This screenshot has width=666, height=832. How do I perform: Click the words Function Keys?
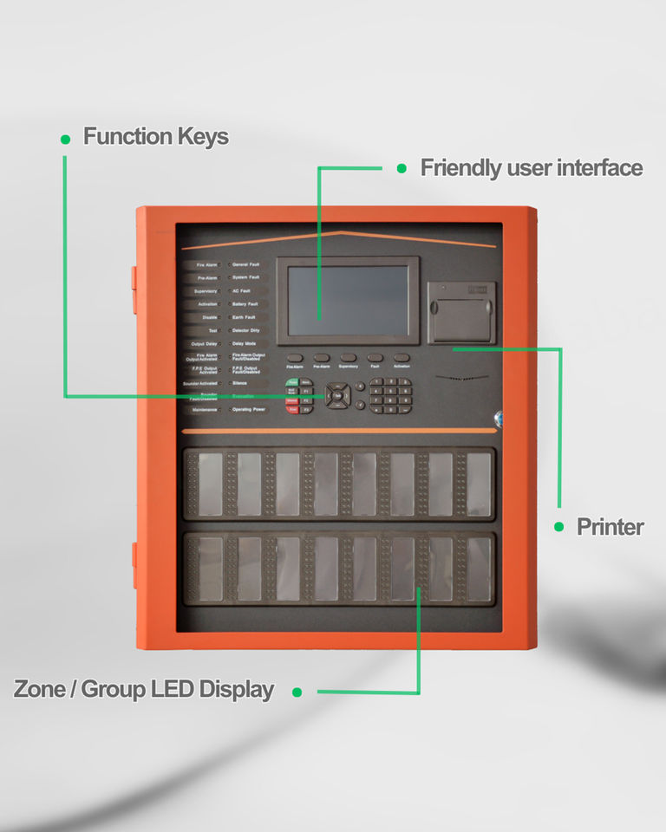click(156, 137)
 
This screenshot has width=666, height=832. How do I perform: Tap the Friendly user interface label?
click(532, 168)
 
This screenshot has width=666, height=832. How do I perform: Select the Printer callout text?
click(610, 527)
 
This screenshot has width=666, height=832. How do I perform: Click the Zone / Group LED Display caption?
click(144, 690)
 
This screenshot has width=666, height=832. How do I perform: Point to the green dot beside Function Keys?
click(65, 139)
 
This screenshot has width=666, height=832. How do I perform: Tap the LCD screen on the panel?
click(348, 300)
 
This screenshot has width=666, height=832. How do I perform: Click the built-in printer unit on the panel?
click(461, 312)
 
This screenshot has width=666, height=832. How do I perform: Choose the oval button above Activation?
click(402, 357)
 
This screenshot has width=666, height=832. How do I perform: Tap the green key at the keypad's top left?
click(292, 382)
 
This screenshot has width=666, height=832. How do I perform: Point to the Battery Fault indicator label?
click(245, 304)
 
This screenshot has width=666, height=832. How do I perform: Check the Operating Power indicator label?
click(249, 408)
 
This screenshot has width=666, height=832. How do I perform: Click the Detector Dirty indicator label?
click(247, 331)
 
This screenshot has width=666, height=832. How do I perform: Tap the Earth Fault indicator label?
click(244, 317)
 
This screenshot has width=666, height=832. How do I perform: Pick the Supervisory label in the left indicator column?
click(206, 291)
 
